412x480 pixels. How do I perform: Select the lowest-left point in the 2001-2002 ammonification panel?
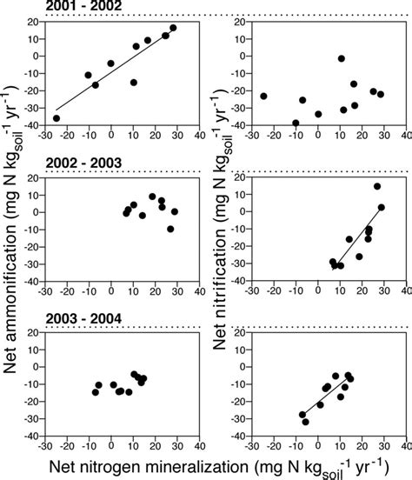coord(56,118)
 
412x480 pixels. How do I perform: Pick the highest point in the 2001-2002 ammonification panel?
coord(173,28)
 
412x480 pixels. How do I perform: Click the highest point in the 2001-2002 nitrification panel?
coord(342,58)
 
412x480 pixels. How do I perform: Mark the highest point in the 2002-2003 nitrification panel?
coord(377,186)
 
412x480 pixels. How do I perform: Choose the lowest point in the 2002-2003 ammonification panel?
coord(170,229)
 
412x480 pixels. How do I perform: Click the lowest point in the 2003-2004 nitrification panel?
coord(305,422)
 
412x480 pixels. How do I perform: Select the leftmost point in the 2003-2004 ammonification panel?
coord(96,392)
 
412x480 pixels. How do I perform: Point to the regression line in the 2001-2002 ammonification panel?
coord(113,75)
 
